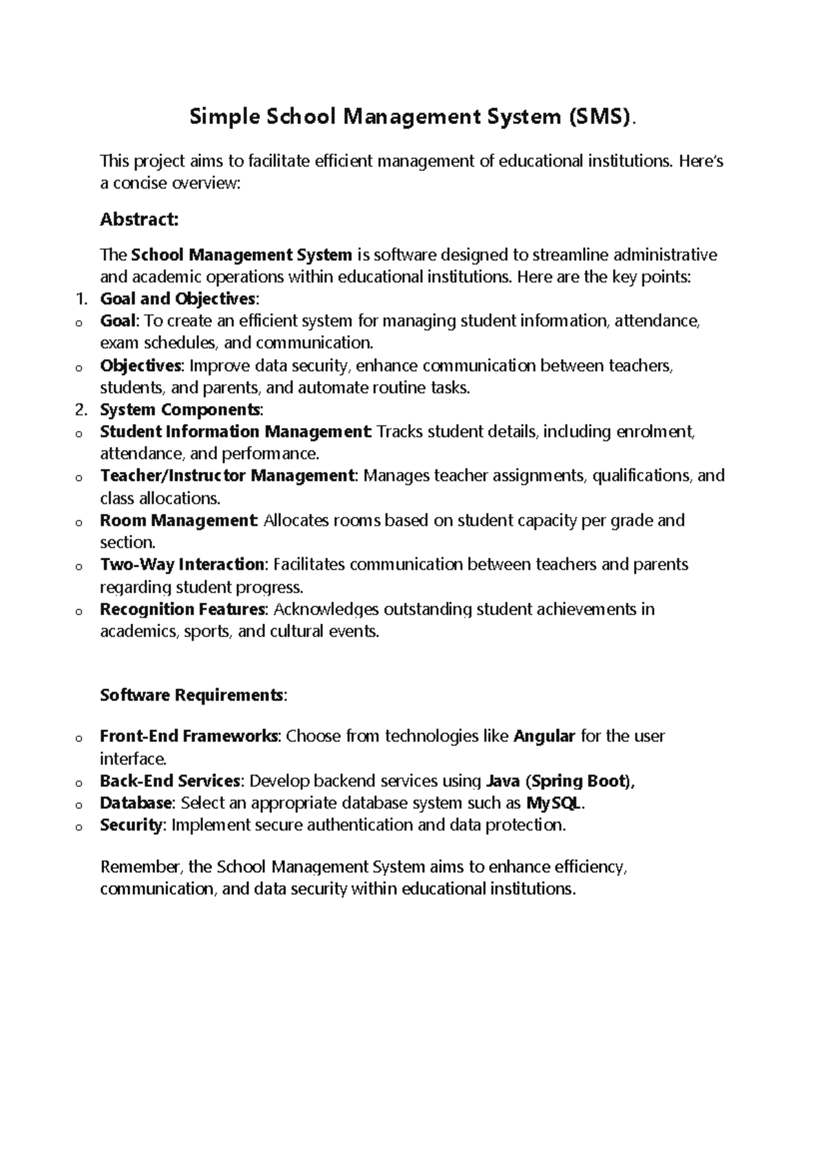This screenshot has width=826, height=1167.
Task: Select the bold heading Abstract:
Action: tap(139, 220)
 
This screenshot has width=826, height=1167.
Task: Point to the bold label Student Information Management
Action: tap(235, 432)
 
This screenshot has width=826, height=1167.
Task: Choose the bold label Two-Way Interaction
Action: tap(182, 565)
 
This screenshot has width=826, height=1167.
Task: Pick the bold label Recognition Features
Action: tap(182, 609)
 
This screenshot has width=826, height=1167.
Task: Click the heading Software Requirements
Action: tap(191, 695)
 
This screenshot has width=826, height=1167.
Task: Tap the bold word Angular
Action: tap(544, 736)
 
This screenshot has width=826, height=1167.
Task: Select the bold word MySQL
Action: tap(555, 803)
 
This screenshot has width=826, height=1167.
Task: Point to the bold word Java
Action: tap(502, 781)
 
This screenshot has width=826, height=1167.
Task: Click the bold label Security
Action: tap(131, 825)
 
